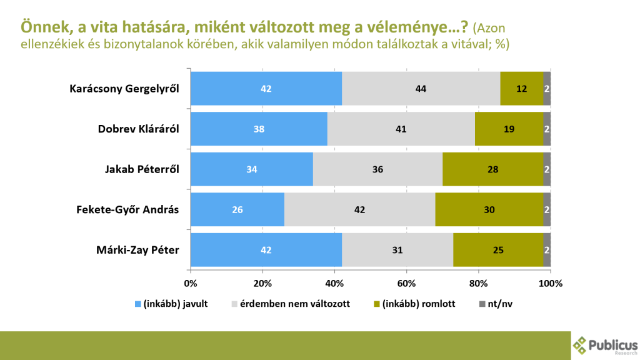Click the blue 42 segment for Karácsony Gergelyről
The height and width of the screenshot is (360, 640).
click(266, 88)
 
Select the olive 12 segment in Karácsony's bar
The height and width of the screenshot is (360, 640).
click(522, 88)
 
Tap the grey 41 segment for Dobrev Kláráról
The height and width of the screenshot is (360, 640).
click(401, 129)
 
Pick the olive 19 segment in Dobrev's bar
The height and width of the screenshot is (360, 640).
click(509, 129)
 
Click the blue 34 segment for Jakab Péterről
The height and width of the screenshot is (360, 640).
click(252, 169)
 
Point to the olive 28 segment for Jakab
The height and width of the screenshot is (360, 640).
click(492, 169)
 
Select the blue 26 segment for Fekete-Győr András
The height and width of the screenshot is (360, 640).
click(237, 209)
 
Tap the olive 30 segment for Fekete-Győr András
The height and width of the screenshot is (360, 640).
click(489, 209)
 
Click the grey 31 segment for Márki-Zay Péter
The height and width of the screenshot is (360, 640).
click(397, 250)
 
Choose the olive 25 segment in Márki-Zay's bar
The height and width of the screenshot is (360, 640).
click(498, 250)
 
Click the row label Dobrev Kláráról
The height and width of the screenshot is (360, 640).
click(139, 129)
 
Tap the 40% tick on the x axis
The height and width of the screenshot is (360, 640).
click(334, 282)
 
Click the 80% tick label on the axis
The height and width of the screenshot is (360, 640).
click(479, 282)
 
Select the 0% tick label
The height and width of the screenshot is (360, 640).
click(191, 282)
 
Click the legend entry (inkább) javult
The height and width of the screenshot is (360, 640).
click(171, 304)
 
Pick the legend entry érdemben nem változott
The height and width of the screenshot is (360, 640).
click(290, 304)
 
